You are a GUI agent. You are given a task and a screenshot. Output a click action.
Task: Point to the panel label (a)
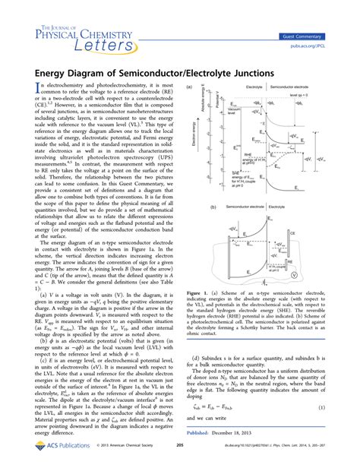(x=188, y=87)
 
